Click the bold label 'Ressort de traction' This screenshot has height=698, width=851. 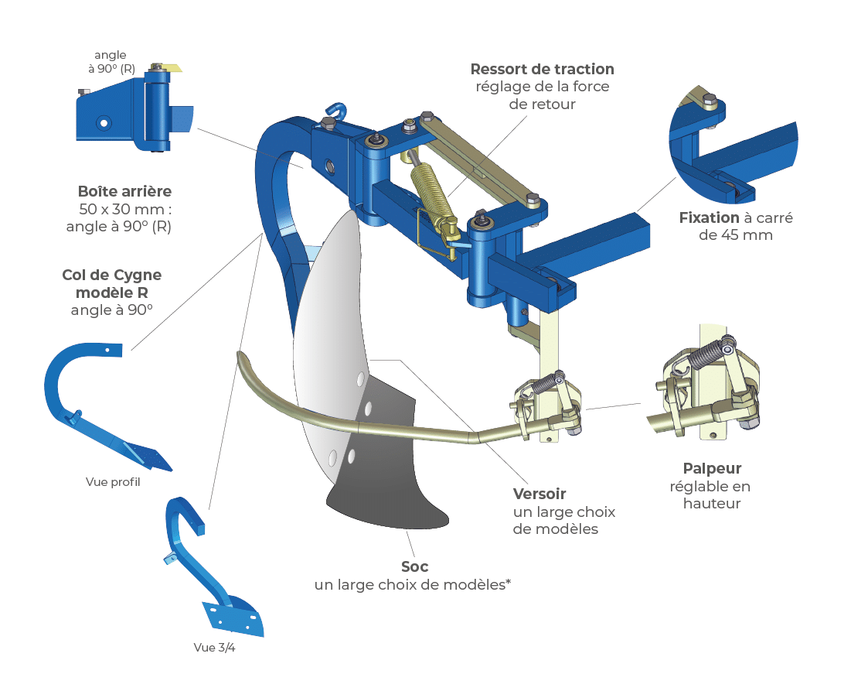542,69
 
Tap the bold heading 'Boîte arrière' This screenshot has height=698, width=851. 124,191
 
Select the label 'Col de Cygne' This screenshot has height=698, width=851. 111,275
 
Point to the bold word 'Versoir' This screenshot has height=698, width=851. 540,494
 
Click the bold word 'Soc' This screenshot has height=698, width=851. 414,566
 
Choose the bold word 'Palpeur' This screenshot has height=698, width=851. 712,468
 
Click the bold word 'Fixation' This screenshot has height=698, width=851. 709,217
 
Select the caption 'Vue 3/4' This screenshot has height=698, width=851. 214,648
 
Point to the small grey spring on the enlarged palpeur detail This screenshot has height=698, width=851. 702,355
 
